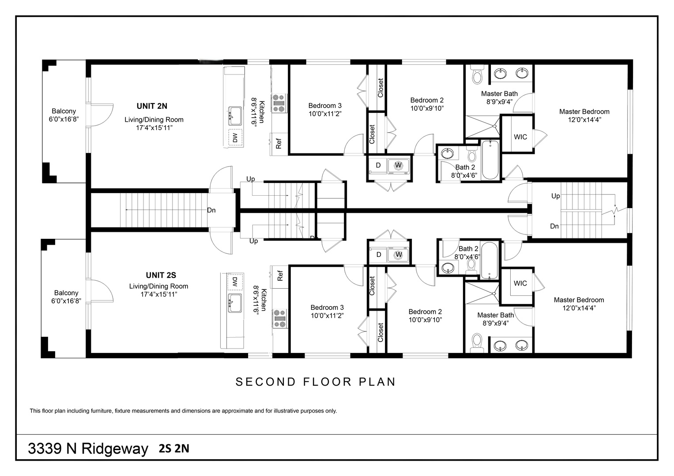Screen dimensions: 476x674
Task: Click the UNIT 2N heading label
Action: [x=152, y=106]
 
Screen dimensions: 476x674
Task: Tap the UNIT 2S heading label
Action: [x=161, y=275]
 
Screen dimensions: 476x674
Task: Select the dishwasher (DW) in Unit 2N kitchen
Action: [x=235, y=138]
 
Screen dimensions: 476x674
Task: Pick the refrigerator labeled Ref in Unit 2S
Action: [x=279, y=276]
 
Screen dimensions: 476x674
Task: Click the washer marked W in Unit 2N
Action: [x=399, y=165]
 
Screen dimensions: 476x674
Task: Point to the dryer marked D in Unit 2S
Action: [x=378, y=255]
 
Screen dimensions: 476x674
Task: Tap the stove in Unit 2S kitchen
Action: [x=279, y=319]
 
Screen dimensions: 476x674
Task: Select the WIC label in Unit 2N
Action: [x=520, y=137]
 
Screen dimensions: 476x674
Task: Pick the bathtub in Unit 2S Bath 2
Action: [x=489, y=260]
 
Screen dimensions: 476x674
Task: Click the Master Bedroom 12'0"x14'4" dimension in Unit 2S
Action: [x=579, y=308]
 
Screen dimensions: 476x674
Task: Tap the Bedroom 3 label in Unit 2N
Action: [x=325, y=106]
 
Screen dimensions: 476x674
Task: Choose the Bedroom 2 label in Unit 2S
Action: [x=425, y=312]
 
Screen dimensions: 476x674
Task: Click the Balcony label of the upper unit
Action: [x=64, y=112]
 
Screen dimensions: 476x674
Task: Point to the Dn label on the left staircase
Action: [x=211, y=210]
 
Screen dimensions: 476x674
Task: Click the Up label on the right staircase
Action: [x=555, y=196]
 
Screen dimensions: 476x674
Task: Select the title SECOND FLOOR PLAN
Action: [x=316, y=382]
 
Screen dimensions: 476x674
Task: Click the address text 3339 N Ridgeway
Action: [x=88, y=449]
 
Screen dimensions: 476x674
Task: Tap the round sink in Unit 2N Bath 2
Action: [x=448, y=154]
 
